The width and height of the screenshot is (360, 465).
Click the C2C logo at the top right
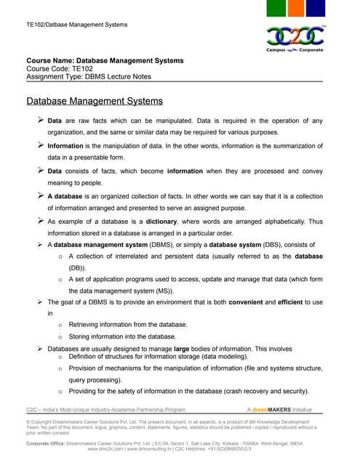pos(295,37)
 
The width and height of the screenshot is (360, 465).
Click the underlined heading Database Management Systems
pos(95,101)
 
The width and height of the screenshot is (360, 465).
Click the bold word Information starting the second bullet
pos(65,146)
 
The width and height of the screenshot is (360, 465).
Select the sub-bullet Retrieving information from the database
pos(127,324)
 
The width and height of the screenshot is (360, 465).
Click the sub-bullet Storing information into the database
pos(122,336)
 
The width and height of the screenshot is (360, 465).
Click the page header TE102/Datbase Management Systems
pos(76,25)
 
